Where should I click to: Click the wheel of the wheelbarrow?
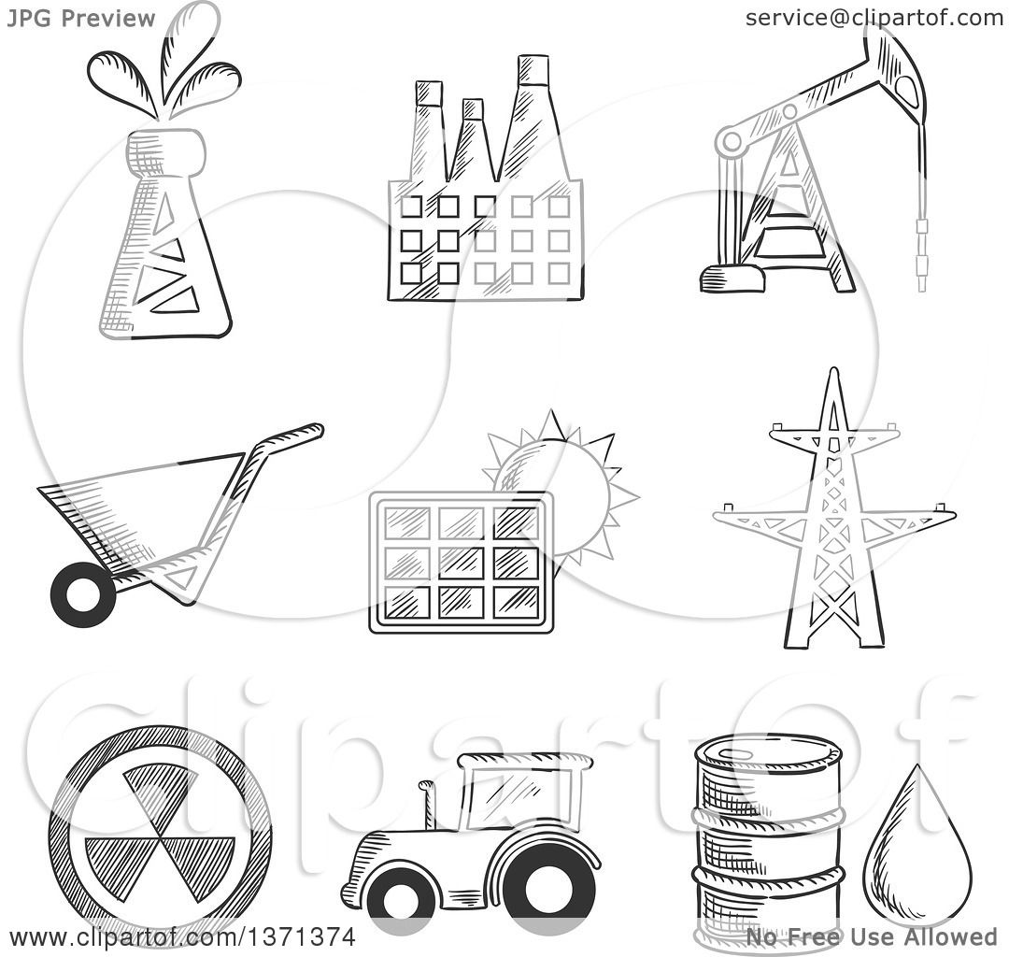tap(83, 594)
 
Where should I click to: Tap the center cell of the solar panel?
tap(461, 563)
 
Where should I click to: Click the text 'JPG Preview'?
tap(81, 18)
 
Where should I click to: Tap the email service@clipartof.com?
tap(874, 18)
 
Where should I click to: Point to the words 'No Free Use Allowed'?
tap(871, 937)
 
